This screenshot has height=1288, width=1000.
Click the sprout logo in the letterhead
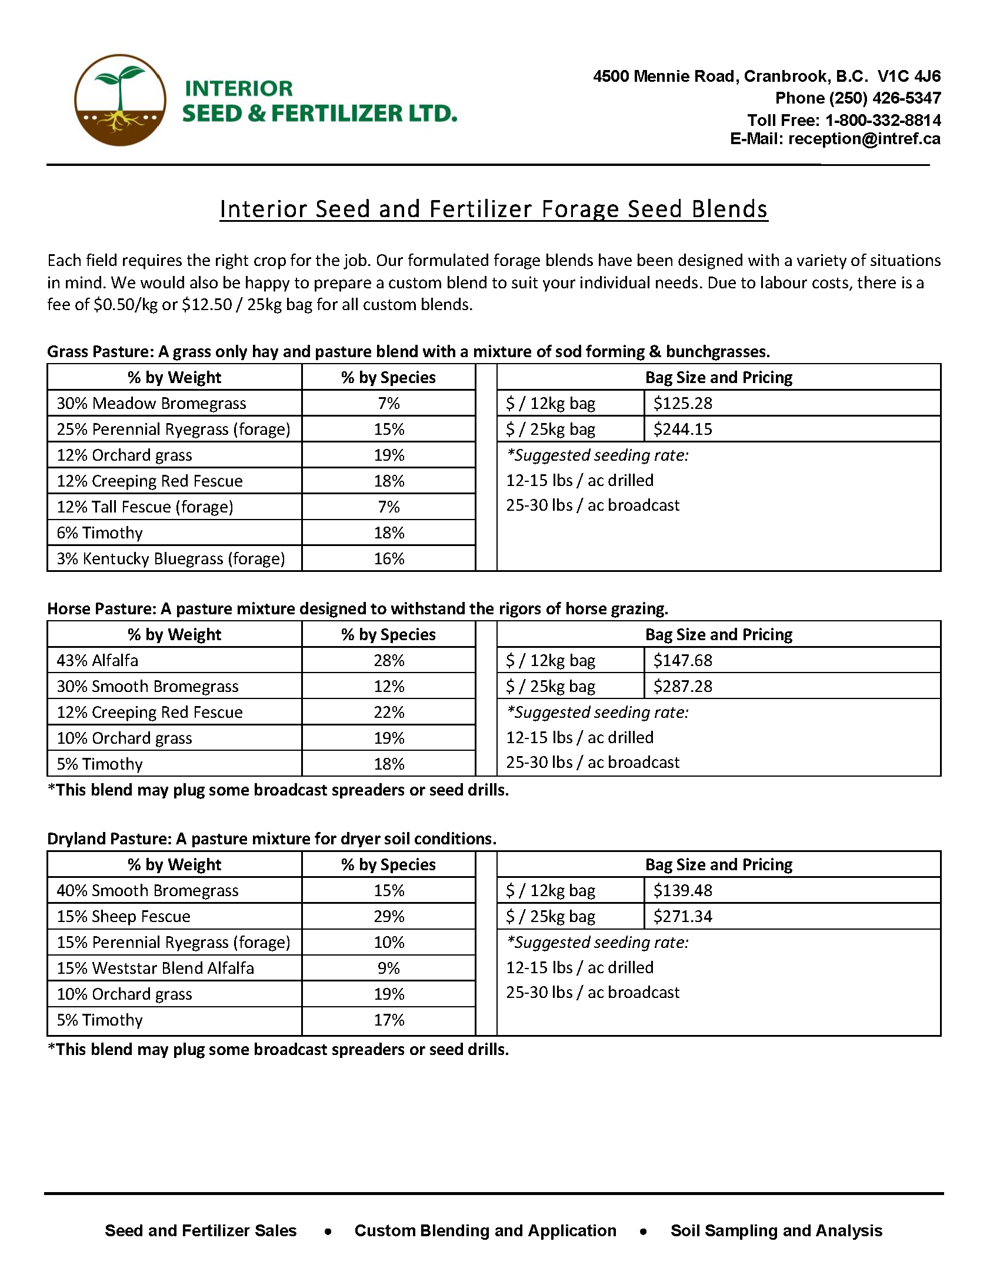click(x=119, y=100)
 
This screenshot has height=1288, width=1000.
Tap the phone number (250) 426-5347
click(x=857, y=98)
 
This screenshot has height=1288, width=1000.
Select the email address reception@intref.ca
click(x=864, y=139)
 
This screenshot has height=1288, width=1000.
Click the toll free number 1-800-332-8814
click(x=882, y=120)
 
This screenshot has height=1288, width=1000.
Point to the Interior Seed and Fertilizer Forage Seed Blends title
click(x=494, y=209)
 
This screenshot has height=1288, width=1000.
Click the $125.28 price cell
click(x=682, y=404)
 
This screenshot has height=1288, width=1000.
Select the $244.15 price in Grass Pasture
click(x=682, y=430)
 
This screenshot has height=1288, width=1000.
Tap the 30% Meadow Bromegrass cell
click(x=152, y=404)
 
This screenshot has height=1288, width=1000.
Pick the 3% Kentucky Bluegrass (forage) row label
click(x=171, y=559)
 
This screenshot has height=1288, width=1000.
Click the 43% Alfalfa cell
click(x=97, y=661)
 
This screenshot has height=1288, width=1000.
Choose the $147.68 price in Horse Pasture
click(x=682, y=661)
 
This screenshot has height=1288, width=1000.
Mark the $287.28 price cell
click(x=682, y=687)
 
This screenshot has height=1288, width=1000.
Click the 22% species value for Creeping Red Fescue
click(x=389, y=713)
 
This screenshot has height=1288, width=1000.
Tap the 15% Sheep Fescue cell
click(x=123, y=917)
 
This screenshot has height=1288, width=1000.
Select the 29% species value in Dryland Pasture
click(x=389, y=917)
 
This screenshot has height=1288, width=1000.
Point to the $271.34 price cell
click(x=682, y=917)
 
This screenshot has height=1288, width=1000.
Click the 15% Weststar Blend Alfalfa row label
click(x=155, y=969)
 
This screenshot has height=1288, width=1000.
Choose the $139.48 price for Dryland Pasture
click(x=682, y=890)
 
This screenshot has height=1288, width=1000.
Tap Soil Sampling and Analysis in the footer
click(x=776, y=1231)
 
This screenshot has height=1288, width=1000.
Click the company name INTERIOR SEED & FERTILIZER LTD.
click(x=319, y=101)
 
